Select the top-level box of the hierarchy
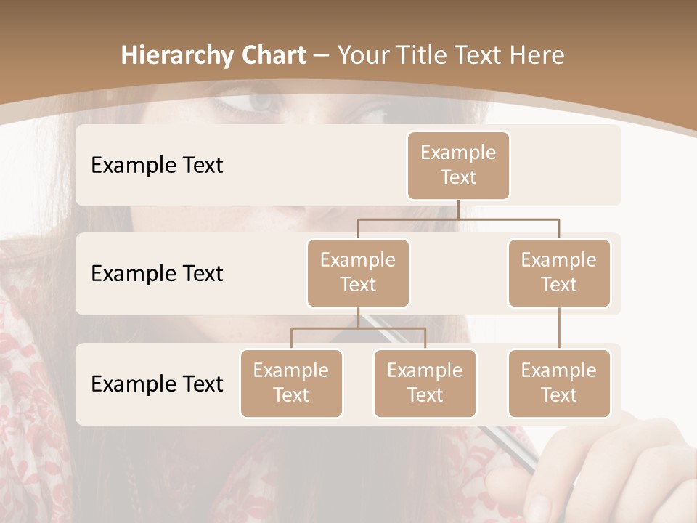(x=458, y=165)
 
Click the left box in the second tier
(x=358, y=272)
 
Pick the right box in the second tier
(x=559, y=272)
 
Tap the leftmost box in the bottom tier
(x=291, y=383)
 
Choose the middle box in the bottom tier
(x=425, y=383)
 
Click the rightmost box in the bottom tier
(x=559, y=383)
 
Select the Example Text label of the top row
(x=157, y=166)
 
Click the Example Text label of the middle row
(x=157, y=274)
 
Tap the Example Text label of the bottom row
(x=157, y=384)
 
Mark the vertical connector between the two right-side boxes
(x=559, y=328)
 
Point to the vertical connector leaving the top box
(x=458, y=209)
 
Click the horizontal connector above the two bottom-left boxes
(x=358, y=328)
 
